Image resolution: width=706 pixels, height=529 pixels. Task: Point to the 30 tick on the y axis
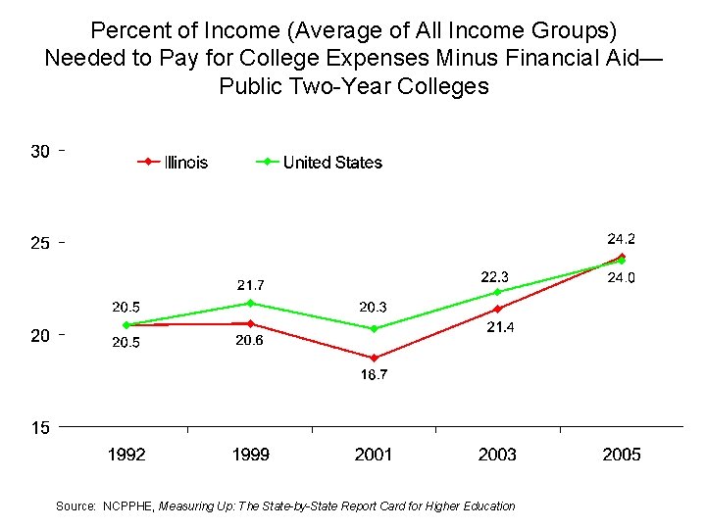point(40,151)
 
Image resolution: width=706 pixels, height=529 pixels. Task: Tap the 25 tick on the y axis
point(40,243)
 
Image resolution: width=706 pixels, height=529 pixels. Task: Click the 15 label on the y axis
point(40,427)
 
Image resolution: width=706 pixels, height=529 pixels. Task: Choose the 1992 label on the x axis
point(126,455)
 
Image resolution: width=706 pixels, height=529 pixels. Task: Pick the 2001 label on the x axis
point(374,455)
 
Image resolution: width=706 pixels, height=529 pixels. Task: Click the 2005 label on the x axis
point(622,455)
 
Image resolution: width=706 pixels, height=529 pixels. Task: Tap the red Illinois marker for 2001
point(374,359)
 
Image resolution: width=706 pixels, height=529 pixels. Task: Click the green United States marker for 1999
point(250,304)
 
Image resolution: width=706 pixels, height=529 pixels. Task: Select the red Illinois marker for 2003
point(498,309)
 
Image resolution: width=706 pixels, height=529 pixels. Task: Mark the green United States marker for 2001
point(374,329)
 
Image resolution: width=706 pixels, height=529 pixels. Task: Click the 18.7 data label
point(374,376)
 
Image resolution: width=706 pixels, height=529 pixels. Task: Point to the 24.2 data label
point(622,238)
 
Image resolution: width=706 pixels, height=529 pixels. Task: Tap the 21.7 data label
point(251,285)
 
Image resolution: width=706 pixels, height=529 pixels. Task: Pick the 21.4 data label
point(500,327)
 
